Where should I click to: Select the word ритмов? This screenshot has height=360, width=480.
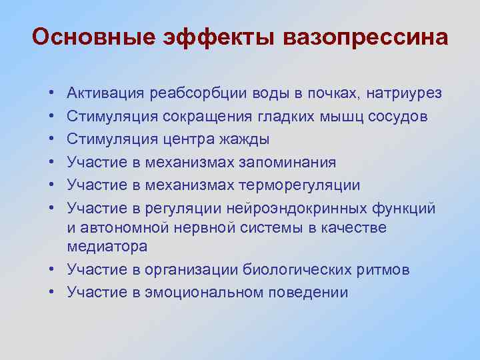click(386, 269)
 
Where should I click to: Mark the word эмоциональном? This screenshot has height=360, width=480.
click(206, 292)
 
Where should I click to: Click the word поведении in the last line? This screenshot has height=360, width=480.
click(310, 292)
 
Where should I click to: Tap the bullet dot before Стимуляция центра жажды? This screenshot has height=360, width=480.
click(51, 140)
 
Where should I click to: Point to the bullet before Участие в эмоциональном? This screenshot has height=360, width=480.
click(51, 292)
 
